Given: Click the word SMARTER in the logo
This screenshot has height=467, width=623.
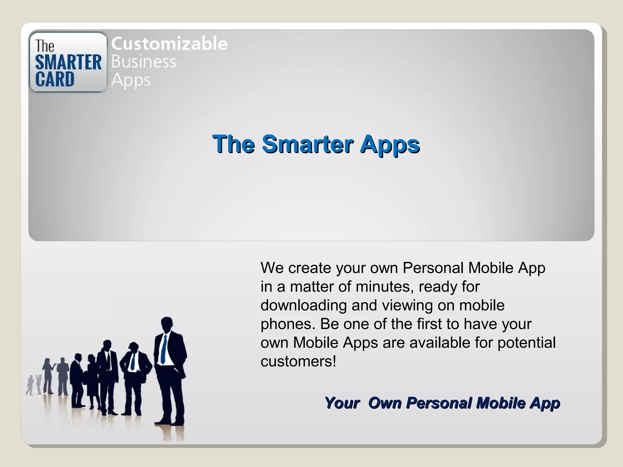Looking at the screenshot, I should pos(68,62).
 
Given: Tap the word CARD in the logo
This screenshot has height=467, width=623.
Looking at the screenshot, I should pos(55,79).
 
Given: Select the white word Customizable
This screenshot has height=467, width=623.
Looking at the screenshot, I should pos(169,43).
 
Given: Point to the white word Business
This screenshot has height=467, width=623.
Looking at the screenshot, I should pos(144,62).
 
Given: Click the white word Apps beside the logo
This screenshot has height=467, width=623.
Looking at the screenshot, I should pos(131,81).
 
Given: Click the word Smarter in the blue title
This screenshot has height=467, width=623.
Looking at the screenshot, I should pos(308,144).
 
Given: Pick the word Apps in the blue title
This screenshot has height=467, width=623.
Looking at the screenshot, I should pos(390,144).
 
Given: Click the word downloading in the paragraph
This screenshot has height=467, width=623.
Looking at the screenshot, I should pos(304,305).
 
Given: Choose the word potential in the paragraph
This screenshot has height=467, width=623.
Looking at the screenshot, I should pos(526,343).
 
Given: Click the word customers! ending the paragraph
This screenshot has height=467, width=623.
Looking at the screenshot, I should pos(298,361).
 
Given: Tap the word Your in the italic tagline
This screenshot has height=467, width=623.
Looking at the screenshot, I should pos(342,403).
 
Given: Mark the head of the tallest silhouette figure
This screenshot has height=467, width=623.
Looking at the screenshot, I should pos(167,324).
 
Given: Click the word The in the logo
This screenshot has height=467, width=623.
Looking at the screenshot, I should pos(45,46).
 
